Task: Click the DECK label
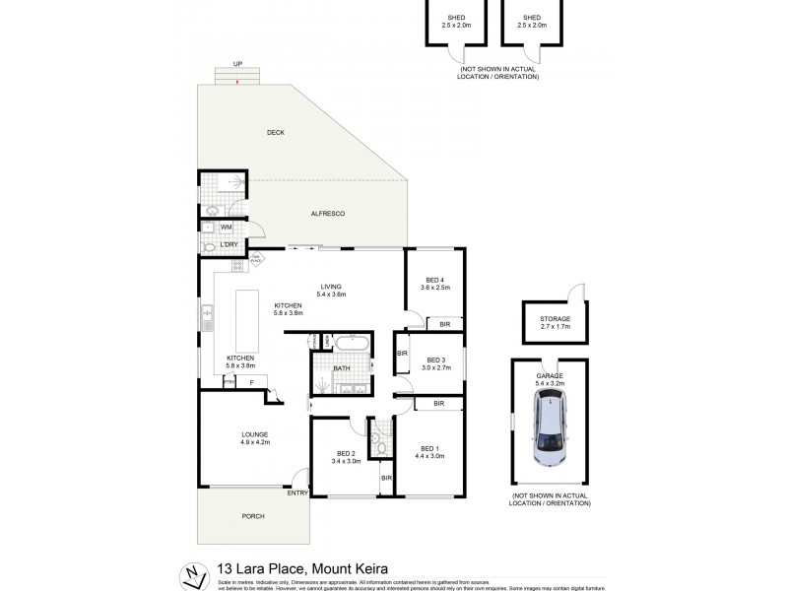click(x=275, y=132)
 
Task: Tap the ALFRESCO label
click(x=327, y=214)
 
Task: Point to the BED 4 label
click(x=434, y=284)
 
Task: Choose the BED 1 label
click(x=430, y=452)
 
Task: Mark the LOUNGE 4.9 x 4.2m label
click(x=255, y=438)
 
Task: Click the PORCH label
click(x=254, y=515)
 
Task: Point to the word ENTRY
click(x=298, y=492)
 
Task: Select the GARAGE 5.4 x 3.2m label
click(x=550, y=380)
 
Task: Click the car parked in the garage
click(x=550, y=428)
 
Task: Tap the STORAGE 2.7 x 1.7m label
click(x=555, y=322)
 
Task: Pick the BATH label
click(x=341, y=368)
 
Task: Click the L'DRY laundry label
click(x=230, y=243)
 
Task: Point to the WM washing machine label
click(x=226, y=227)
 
